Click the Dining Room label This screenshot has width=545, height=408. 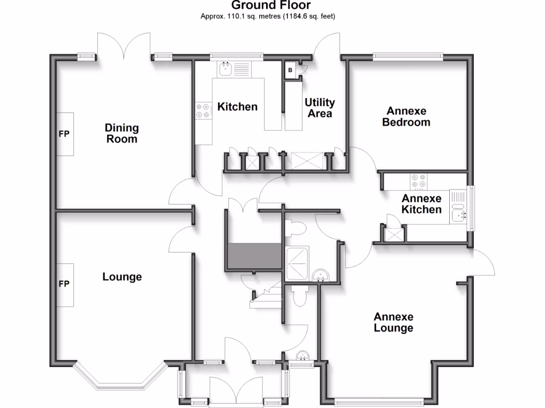121,133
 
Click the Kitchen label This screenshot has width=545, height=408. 237,107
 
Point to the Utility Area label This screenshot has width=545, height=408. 319,107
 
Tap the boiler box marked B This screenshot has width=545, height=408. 291,70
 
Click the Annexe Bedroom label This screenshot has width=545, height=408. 408,116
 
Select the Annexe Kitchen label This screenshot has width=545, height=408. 421,204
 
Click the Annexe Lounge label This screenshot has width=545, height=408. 393,322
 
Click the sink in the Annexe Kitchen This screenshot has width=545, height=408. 458,215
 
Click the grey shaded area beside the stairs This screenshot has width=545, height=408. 254,256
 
